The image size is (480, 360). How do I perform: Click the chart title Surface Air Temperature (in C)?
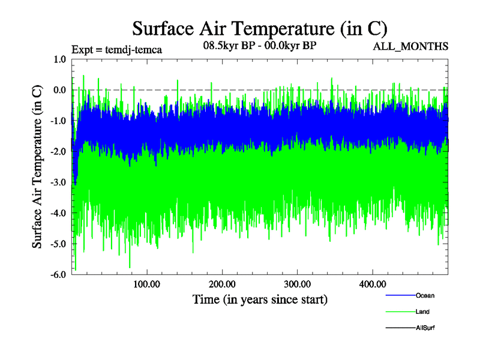(259, 28)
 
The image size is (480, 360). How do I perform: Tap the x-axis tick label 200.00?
(222, 284)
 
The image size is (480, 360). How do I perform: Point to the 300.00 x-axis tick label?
(297, 284)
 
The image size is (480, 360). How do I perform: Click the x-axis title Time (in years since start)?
(260, 299)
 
